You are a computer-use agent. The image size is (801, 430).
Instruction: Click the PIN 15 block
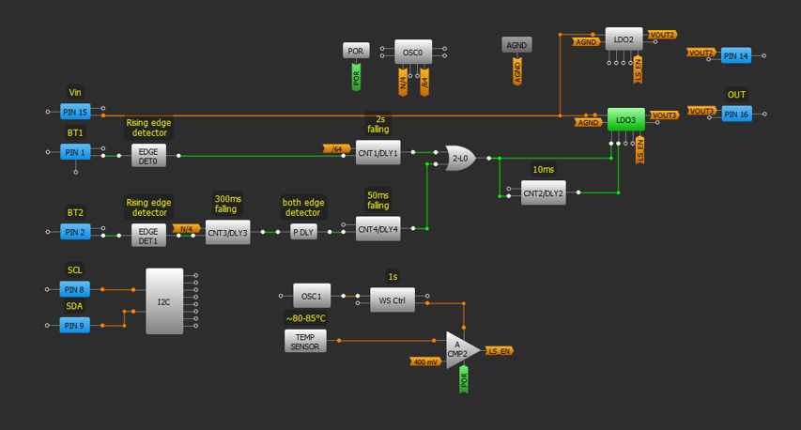tap(74, 113)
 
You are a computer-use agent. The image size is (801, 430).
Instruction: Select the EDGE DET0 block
tap(148, 156)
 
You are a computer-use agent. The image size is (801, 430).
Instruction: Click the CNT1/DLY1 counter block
tap(377, 153)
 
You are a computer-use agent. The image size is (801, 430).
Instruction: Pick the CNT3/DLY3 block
tap(227, 234)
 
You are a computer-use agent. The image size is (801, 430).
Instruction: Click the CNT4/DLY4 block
tap(377, 228)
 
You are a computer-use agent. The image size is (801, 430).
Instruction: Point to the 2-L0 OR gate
tap(460, 158)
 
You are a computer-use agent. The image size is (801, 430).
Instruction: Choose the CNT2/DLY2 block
tap(543, 193)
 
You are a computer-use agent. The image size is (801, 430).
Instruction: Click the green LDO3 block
tap(624, 120)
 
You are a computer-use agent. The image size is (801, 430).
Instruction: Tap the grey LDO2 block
tap(624, 39)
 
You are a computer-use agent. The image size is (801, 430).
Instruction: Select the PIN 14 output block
tap(736, 56)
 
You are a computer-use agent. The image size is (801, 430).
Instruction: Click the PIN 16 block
tap(736, 114)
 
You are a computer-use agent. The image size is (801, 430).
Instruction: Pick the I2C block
tap(164, 301)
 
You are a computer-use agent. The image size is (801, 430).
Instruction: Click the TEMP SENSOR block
tap(305, 341)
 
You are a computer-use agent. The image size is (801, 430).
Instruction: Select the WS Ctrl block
tap(392, 301)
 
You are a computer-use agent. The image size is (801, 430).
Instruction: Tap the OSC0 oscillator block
tap(414, 53)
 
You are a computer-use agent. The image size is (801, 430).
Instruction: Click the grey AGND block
tap(516, 44)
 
